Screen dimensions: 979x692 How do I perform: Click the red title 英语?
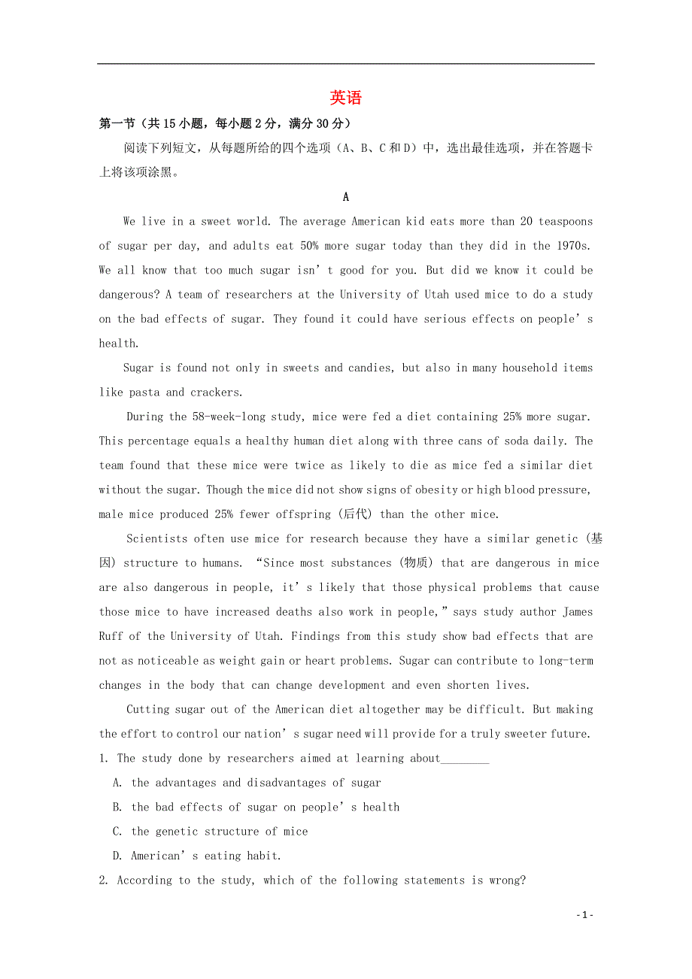(346, 98)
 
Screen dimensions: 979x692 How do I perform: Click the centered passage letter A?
(346, 197)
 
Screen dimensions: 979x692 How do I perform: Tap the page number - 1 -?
(585, 914)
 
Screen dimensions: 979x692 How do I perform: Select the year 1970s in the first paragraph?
(575, 246)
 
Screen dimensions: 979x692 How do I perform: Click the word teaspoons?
(566, 221)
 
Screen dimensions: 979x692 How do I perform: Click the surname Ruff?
(111, 636)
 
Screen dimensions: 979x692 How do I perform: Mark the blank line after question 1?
(465, 759)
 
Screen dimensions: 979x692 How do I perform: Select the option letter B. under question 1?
(117, 807)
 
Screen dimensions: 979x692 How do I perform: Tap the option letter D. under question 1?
(117, 856)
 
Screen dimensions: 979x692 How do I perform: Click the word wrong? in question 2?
(508, 880)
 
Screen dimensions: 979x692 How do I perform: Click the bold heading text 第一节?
(116, 123)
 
